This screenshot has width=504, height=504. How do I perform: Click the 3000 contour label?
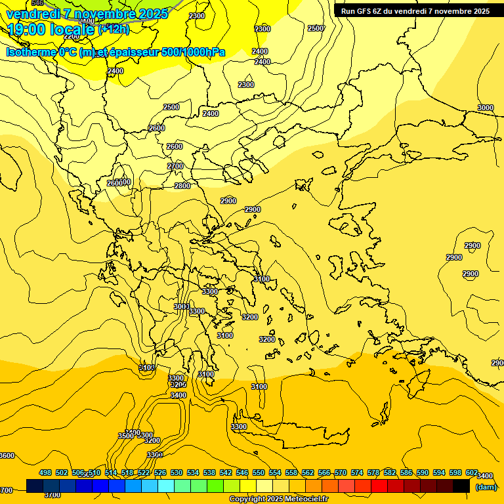(x=486, y=108)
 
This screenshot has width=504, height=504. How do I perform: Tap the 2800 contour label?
(x=182, y=186)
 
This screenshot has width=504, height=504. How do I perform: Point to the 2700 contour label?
(x=175, y=166)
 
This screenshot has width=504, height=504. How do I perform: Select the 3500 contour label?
(x=126, y=436)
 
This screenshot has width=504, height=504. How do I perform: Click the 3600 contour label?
(x=7, y=455)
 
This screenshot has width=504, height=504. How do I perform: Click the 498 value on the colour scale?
(x=45, y=472)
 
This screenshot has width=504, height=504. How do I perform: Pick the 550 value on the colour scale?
(x=259, y=472)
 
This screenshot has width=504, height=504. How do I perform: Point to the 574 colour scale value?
(x=357, y=472)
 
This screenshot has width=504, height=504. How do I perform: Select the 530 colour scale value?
(x=177, y=472)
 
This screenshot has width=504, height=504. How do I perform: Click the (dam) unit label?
(x=486, y=486)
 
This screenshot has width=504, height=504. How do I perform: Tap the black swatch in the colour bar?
(x=461, y=486)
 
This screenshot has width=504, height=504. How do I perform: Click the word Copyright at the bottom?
(x=247, y=499)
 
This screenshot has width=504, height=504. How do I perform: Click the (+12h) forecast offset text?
(x=114, y=29)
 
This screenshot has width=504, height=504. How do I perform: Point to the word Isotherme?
(x=30, y=52)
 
